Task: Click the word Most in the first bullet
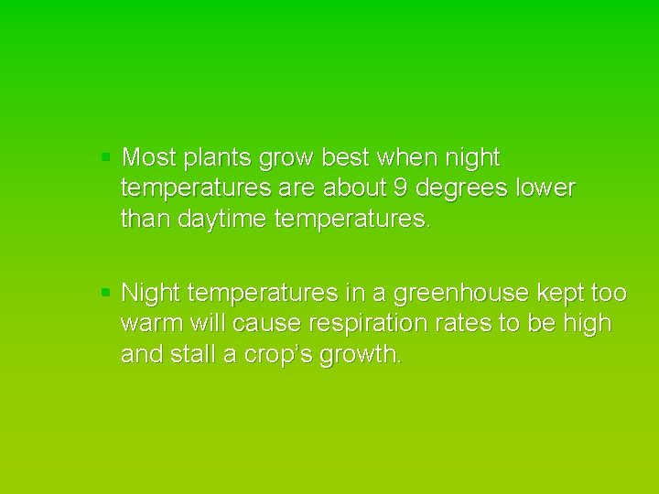pyautogui.click(x=149, y=158)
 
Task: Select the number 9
pyautogui.click(x=423, y=188)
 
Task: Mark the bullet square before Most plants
pyautogui.click(x=106, y=157)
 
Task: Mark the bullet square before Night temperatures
pyautogui.click(x=106, y=293)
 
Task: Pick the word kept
pyautogui.click(x=563, y=294)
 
